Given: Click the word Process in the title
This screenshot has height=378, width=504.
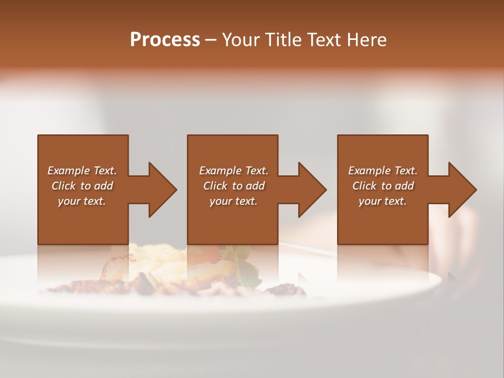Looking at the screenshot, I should [165, 40].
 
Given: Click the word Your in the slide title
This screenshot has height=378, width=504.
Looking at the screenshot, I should [241, 40].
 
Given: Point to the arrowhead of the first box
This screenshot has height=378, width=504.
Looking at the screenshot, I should [160, 190].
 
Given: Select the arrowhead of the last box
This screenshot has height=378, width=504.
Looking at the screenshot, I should [460, 190].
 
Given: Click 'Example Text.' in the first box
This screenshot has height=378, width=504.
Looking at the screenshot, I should [82, 171].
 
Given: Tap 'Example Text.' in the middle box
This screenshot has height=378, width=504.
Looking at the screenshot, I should [234, 171].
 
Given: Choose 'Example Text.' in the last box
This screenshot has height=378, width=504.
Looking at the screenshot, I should [383, 171].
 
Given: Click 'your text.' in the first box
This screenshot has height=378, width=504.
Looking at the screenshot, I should [82, 201].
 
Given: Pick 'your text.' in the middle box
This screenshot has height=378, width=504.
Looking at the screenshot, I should [233, 201].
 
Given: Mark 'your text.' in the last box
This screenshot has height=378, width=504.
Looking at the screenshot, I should [382, 201].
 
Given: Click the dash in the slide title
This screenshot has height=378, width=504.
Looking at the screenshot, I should [211, 40].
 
